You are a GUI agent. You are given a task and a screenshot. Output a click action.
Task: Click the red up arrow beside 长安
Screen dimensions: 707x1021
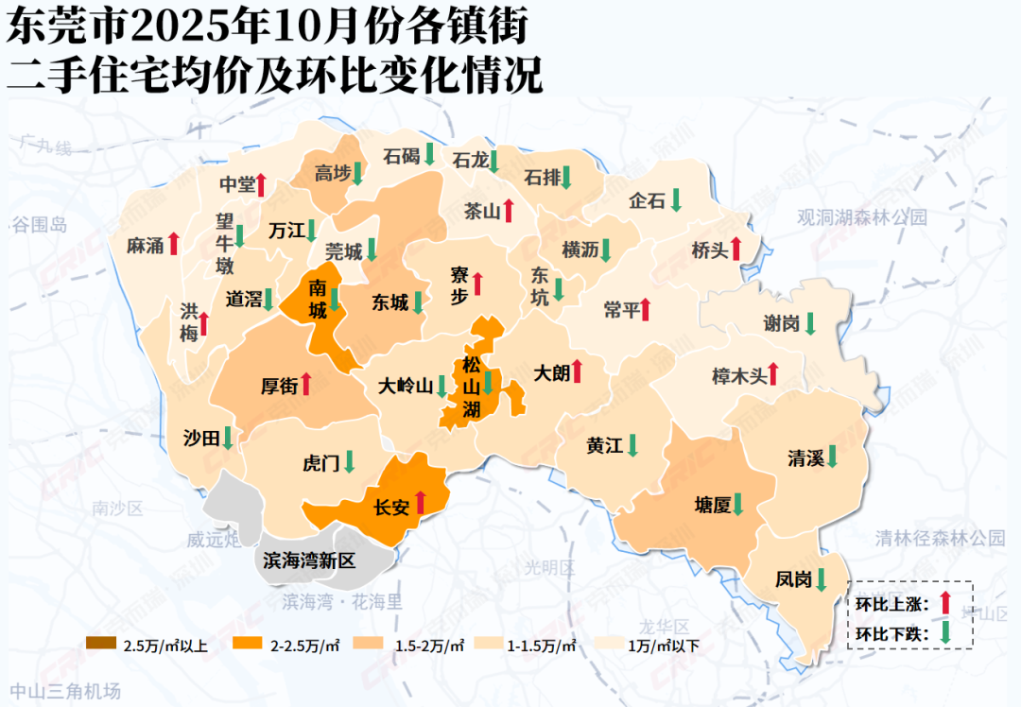[x=422, y=501]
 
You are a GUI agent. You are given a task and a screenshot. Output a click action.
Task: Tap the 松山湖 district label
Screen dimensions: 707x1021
[x=471, y=387]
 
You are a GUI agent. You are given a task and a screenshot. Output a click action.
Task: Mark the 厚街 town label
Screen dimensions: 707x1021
[x=279, y=386]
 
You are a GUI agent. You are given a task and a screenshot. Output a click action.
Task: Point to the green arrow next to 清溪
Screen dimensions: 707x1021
[x=833, y=457]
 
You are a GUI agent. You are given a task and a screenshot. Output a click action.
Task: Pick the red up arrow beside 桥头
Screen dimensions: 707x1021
[x=736, y=250]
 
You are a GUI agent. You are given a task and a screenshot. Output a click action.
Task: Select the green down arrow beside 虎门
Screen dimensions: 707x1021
[x=349, y=461]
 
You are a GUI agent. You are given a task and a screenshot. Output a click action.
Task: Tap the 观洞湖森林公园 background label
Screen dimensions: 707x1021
[x=862, y=217]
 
